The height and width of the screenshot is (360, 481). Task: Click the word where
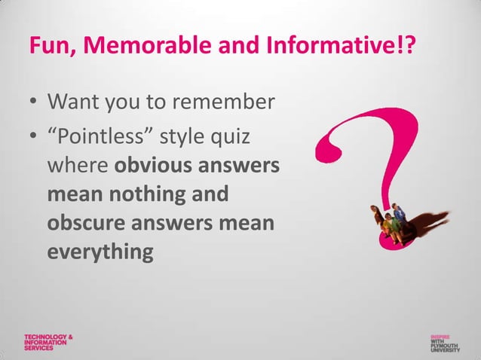click(78, 167)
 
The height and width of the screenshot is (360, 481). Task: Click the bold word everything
click(100, 251)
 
